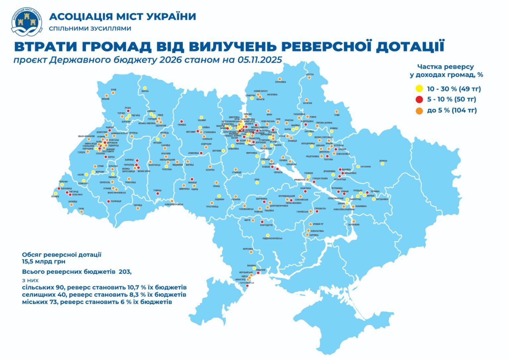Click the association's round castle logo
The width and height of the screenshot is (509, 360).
[x=27, y=21]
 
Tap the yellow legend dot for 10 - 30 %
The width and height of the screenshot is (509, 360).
[x=419, y=89]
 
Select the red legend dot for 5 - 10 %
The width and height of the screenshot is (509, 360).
[x=419, y=99]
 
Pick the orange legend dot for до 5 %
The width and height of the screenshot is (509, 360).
[x=419, y=110]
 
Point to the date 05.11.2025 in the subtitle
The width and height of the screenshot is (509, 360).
[x=259, y=60]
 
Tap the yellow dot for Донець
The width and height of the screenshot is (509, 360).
[x=383, y=163]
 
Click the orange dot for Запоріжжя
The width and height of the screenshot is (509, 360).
[x=354, y=221]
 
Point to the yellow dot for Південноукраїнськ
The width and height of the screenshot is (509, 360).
[x=268, y=235]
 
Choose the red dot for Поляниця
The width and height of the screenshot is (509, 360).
[x=108, y=201]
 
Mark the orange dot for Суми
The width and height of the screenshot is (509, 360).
[x=337, y=112]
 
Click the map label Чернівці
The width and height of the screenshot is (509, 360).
[x=138, y=206]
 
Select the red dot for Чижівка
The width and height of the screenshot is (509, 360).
[x=182, y=121]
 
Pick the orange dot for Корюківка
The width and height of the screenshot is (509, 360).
[x=280, y=79]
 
